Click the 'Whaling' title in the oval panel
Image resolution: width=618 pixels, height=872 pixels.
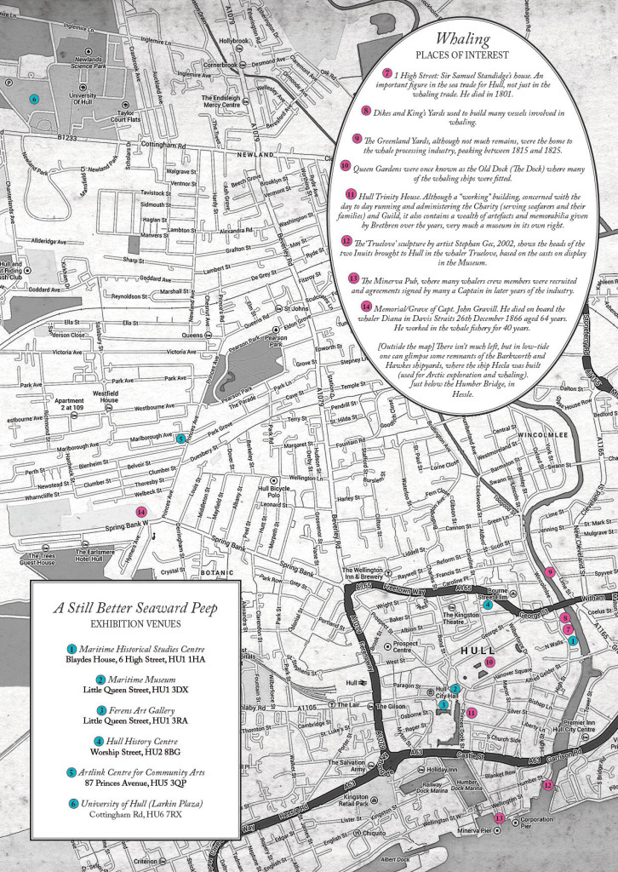[x=462, y=38]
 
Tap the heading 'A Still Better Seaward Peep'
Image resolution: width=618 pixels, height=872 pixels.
[x=135, y=608]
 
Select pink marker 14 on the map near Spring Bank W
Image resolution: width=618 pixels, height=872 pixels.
[x=141, y=512]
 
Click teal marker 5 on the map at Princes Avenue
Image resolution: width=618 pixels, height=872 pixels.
[x=180, y=439]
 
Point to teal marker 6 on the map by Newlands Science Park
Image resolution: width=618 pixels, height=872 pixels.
[x=34, y=99]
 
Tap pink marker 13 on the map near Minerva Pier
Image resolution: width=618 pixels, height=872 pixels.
[x=500, y=818]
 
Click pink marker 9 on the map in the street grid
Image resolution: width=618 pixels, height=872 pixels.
[x=549, y=572]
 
